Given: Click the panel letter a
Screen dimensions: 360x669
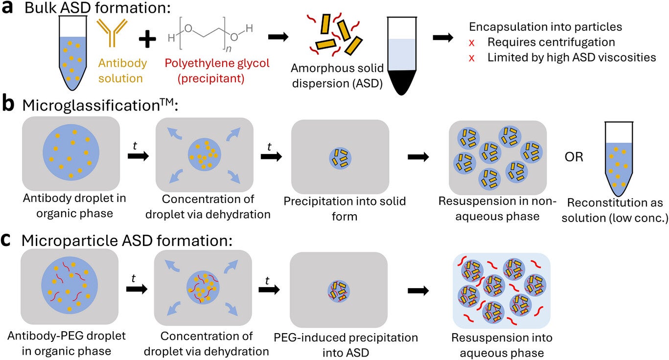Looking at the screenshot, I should pos(9,9).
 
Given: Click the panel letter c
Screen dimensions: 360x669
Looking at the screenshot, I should pos(8,241).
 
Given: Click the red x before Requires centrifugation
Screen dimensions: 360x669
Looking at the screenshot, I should pos(472,43).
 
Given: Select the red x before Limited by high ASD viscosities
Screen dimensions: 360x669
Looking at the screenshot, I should pos(472,58).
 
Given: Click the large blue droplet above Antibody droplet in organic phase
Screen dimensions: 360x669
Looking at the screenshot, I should pos(71,153).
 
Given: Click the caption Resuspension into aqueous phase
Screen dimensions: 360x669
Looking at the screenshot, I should pos(502,345).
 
